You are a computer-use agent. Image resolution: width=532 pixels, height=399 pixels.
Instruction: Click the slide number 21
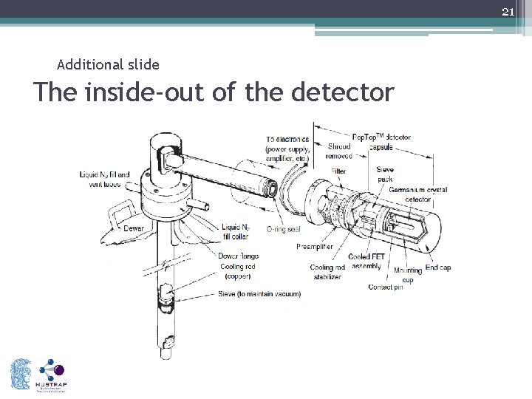point(507,12)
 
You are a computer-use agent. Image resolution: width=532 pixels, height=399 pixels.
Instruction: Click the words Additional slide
point(108,65)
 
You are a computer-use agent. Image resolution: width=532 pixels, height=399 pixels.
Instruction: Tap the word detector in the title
point(343,92)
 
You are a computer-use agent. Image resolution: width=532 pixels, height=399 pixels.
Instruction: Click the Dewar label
point(133,229)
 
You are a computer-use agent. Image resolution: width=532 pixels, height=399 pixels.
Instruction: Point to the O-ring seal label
point(283,230)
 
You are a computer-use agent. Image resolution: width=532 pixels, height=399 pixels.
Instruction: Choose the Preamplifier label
point(315,246)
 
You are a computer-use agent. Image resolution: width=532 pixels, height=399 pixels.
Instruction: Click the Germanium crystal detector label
point(417,194)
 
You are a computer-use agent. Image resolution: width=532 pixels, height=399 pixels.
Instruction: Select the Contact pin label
point(385,287)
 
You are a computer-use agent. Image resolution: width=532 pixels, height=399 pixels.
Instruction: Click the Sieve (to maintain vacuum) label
point(259,294)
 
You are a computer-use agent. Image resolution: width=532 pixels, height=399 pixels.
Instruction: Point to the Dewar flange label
point(238,256)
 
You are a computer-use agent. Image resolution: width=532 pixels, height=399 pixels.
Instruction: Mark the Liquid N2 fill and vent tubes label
point(105,179)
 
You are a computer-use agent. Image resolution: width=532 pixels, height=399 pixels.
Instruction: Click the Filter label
point(338,171)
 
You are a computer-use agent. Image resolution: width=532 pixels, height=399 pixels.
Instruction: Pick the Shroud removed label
point(339,151)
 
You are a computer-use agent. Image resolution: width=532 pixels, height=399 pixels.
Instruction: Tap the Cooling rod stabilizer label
point(326,272)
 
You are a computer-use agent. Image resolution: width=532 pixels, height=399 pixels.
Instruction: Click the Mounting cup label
point(408,275)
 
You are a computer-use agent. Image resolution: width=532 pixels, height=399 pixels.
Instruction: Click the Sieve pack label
point(385,174)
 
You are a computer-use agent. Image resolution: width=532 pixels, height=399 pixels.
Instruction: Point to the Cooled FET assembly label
point(367,262)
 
